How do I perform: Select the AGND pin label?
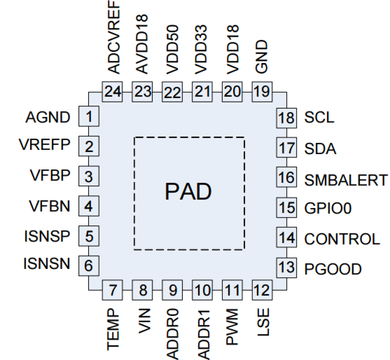tap(48, 117)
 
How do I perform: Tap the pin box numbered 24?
tap(112, 92)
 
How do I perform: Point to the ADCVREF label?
tap(114, 37)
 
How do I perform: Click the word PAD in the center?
tap(188, 191)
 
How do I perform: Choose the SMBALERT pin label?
tap(346, 180)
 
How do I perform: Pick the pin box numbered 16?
tap(286, 177)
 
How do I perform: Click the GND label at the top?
tap(261, 57)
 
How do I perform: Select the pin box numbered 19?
tap(262, 92)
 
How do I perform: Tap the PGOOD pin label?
tap(333, 269)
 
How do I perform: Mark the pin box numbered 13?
tap(286, 267)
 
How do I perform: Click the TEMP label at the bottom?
tap(113, 329)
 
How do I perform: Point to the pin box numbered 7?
tap(112, 290)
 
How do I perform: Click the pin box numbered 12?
tap(262, 290)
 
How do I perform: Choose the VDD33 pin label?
tap(201, 50)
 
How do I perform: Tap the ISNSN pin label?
tap(47, 264)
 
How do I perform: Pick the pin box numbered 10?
tap(202, 290)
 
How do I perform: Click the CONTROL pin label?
tap(342, 239)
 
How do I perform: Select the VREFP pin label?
tap(45, 144)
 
